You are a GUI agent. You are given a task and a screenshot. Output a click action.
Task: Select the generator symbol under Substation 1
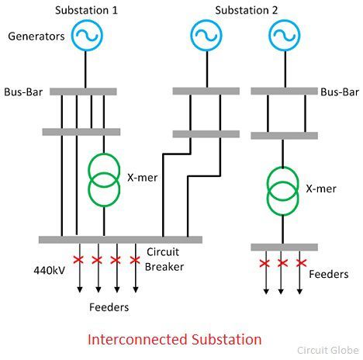point(85,36)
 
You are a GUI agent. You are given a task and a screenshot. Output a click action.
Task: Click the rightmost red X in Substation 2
point(301,264)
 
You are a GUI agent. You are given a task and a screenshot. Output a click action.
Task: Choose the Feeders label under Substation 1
point(108,307)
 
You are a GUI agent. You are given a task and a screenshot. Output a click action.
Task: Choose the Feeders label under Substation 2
point(329,275)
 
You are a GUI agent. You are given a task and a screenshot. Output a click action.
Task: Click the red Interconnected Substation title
point(175,339)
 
